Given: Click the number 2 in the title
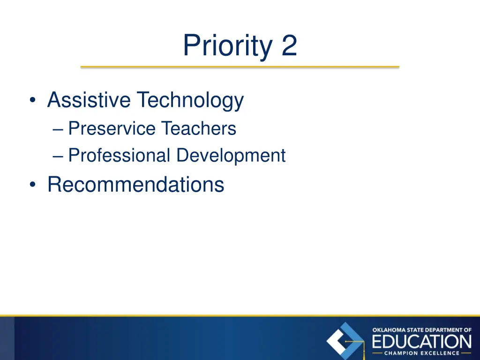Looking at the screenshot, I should pyautogui.click(x=289, y=46).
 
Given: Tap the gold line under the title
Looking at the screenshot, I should pyautogui.click(x=240, y=67).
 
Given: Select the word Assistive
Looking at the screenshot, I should pyautogui.click(x=89, y=100).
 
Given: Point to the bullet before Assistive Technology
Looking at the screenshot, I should pyautogui.click(x=32, y=101).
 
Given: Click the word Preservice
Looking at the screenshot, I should pyautogui.click(x=112, y=128).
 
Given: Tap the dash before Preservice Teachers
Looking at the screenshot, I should pyautogui.click(x=59, y=129).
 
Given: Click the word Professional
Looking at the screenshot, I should pyautogui.click(x=119, y=156).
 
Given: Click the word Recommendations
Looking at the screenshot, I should pyautogui.click(x=135, y=184).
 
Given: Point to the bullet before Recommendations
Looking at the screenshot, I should pyautogui.click(x=32, y=185).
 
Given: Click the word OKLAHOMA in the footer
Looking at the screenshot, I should pyautogui.click(x=387, y=330).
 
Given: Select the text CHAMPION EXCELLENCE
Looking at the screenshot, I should pyautogui.click(x=422, y=353).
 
